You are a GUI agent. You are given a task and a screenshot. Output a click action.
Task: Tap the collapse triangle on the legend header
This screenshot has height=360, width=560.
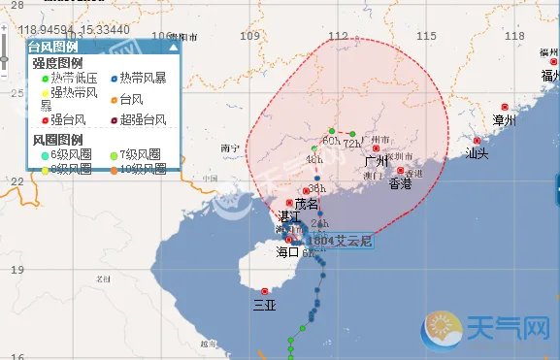pyautogui.click(x=174, y=47)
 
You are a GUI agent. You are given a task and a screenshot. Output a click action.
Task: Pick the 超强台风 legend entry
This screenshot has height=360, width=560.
pyautogui.click(x=142, y=120)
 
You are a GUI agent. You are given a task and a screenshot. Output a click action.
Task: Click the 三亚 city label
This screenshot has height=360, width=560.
pyautogui.click(x=264, y=303)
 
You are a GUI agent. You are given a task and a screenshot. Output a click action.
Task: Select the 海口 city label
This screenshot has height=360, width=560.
pyautogui.click(x=288, y=252)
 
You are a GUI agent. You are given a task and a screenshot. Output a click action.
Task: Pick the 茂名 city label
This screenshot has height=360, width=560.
pyautogui.click(x=306, y=204)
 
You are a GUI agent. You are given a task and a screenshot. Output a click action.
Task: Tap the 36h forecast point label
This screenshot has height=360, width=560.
pyautogui.click(x=313, y=189)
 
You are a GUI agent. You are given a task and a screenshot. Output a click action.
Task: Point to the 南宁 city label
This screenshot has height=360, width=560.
pyautogui.click(x=230, y=148)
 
